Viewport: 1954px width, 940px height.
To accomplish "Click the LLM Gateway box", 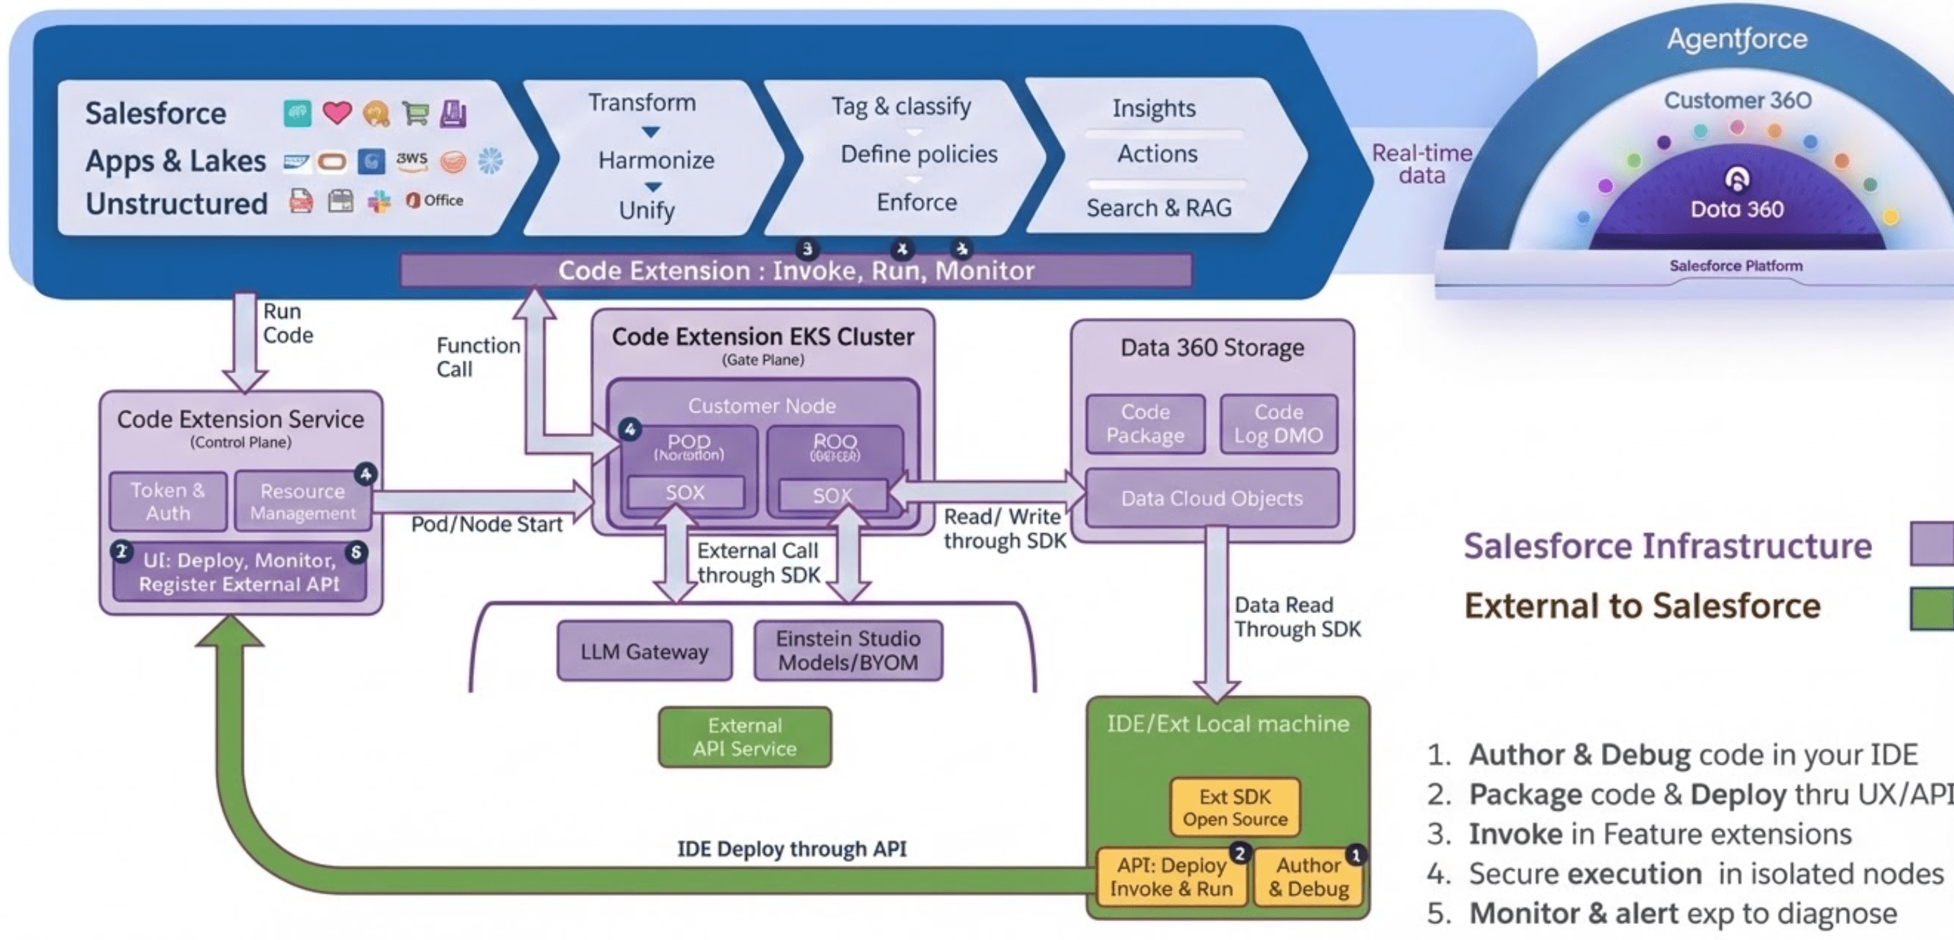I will tap(644, 651).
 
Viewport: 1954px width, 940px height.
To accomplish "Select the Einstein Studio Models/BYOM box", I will tap(848, 650).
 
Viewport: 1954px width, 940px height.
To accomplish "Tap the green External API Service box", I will tap(744, 737).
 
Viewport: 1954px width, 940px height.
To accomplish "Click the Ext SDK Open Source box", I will tap(1234, 807).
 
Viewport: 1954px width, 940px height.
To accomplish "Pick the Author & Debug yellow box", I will tap(1308, 877).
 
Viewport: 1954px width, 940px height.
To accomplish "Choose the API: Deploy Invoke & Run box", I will tap(1171, 877).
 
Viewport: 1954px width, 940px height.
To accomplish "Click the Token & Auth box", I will tap(168, 502).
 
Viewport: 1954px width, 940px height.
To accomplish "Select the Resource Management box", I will tap(303, 502).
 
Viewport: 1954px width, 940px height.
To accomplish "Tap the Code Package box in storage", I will tap(1145, 423).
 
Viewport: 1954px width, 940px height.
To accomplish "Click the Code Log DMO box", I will tap(1278, 423).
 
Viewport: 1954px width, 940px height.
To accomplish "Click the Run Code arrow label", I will tap(288, 323).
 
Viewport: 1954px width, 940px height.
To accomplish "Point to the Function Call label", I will tap(477, 357).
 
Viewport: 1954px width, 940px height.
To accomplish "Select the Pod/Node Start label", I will tap(486, 524).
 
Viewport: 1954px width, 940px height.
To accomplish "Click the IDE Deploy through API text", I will tap(791, 848).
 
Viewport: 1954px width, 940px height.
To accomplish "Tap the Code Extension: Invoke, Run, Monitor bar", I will tap(796, 270).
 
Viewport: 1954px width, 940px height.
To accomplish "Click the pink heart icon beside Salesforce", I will tap(337, 113).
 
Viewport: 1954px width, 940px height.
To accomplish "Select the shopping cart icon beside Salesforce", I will tap(415, 113).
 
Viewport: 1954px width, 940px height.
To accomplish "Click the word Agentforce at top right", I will tap(1737, 39).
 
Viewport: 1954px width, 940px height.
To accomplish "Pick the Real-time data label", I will tap(1422, 164).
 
